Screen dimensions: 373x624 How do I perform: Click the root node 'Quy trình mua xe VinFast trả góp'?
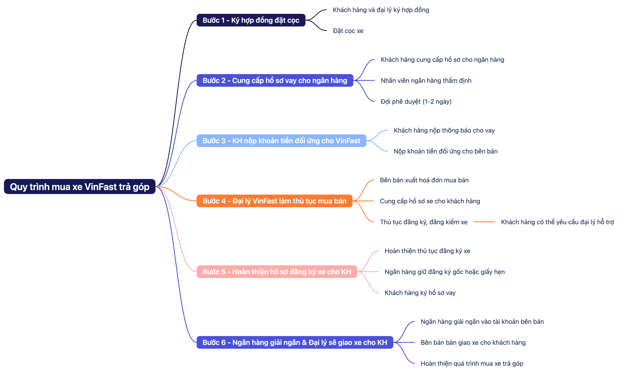[80, 186]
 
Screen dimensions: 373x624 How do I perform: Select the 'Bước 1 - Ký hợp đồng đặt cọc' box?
[251, 20]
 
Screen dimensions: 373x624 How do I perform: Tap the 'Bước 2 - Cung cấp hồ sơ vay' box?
[275, 80]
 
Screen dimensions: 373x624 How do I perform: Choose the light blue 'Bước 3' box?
[281, 141]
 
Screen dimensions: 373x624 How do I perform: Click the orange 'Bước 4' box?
[274, 201]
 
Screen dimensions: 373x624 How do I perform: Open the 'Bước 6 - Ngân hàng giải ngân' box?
[295, 342]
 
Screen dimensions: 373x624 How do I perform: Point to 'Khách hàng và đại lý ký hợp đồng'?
[381, 10]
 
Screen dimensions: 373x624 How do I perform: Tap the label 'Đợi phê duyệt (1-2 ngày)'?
[416, 102]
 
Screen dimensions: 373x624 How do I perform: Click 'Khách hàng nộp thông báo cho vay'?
[444, 130]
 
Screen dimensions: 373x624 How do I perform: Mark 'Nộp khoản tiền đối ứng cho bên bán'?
[445, 151]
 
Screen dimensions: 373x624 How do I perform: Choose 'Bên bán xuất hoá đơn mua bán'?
[424, 180]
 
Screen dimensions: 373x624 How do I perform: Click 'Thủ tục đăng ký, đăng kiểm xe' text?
[423, 222]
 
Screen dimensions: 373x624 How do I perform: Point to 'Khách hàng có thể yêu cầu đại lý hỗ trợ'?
[557, 222]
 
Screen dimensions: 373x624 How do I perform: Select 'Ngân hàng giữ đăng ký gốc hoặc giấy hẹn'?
[444, 272]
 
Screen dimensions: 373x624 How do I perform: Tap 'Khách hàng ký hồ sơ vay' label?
[420, 293]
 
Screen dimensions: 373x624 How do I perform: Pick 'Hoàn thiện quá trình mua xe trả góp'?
[472, 364]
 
